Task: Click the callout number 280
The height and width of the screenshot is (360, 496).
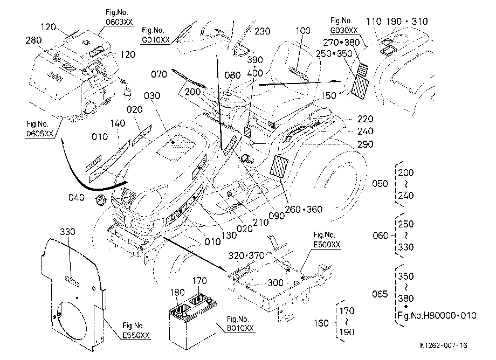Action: pyautogui.click(x=33, y=40)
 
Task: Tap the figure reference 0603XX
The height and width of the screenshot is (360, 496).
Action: pyautogui.click(x=119, y=22)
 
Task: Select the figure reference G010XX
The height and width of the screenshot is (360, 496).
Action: pyautogui.click(x=155, y=40)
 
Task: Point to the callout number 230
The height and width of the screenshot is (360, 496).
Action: pyautogui.click(x=262, y=31)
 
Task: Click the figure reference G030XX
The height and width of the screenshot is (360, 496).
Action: pyautogui.click(x=344, y=30)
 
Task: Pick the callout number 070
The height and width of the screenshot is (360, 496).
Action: pyautogui.click(x=159, y=74)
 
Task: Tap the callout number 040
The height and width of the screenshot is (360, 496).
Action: pyautogui.click(x=77, y=198)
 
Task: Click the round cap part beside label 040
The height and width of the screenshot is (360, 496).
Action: pyautogui.click(x=101, y=200)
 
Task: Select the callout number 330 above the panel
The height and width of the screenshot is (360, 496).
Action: pyautogui.click(x=68, y=232)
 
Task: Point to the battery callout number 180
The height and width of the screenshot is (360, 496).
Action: pyautogui.click(x=177, y=292)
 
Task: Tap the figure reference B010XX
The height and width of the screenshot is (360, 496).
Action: pyautogui.click(x=240, y=328)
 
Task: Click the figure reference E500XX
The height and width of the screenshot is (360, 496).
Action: pyautogui.click(x=327, y=245)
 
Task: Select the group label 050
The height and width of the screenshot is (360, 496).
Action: pyautogui.click(x=380, y=184)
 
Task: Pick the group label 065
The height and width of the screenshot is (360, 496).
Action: pyautogui.click(x=380, y=294)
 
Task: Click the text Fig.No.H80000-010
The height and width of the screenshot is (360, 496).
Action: pyautogui.click(x=437, y=315)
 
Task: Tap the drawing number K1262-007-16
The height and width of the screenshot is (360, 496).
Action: pyautogui.click(x=444, y=345)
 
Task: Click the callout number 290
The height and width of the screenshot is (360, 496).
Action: pyautogui.click(x=366, y=144)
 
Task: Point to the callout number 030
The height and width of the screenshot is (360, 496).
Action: pyautogui.click(x=152, y=95)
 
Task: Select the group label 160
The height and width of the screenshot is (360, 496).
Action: pyautogui.click(x=321, y=323)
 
